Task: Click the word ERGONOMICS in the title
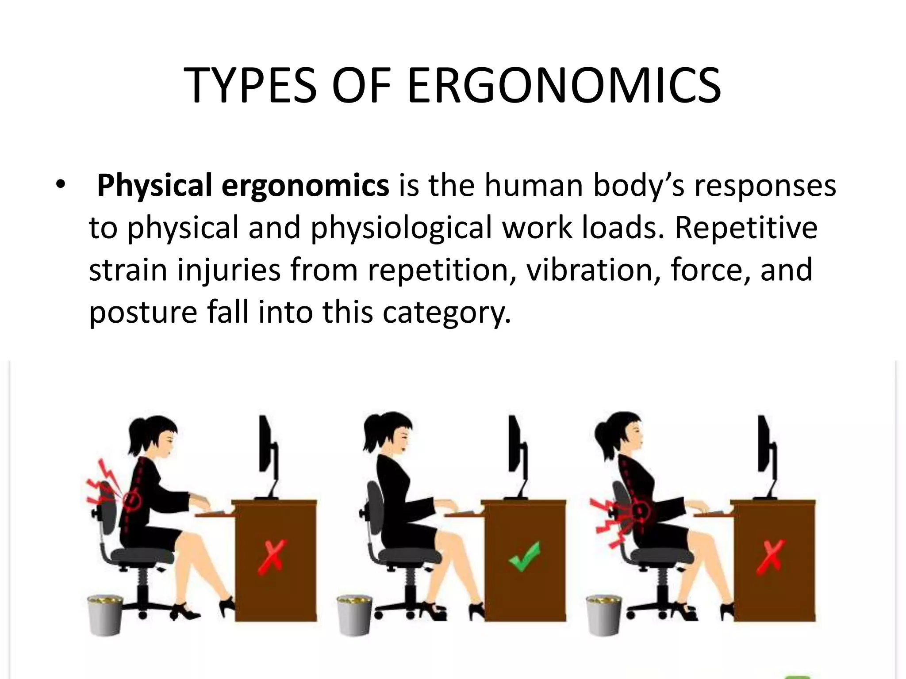[x=564, y=86]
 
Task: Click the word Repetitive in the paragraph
[x=745, y=228]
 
